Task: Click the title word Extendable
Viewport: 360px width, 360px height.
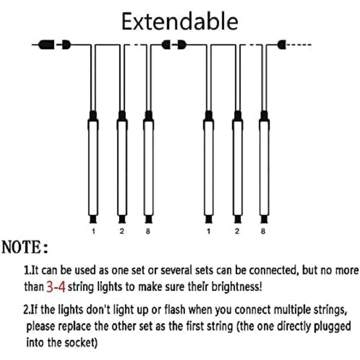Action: coord(180,21)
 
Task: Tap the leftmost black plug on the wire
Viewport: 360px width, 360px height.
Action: coord(46,45)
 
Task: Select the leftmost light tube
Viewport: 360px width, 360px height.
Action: coord(93,167)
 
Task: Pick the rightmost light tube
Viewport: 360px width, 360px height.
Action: coord(264,167)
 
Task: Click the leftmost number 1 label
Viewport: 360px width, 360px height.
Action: coord(94,231)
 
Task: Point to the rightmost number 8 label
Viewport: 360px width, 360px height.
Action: coord(263,231)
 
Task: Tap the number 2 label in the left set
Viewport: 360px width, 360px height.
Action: coord(121,231)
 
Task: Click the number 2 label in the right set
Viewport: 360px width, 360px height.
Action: coord(237,231)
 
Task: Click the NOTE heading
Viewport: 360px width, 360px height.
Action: coord(25,247)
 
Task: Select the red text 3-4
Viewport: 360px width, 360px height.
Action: coord(56,287)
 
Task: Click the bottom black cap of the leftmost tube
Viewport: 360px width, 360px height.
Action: coord(93,220)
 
